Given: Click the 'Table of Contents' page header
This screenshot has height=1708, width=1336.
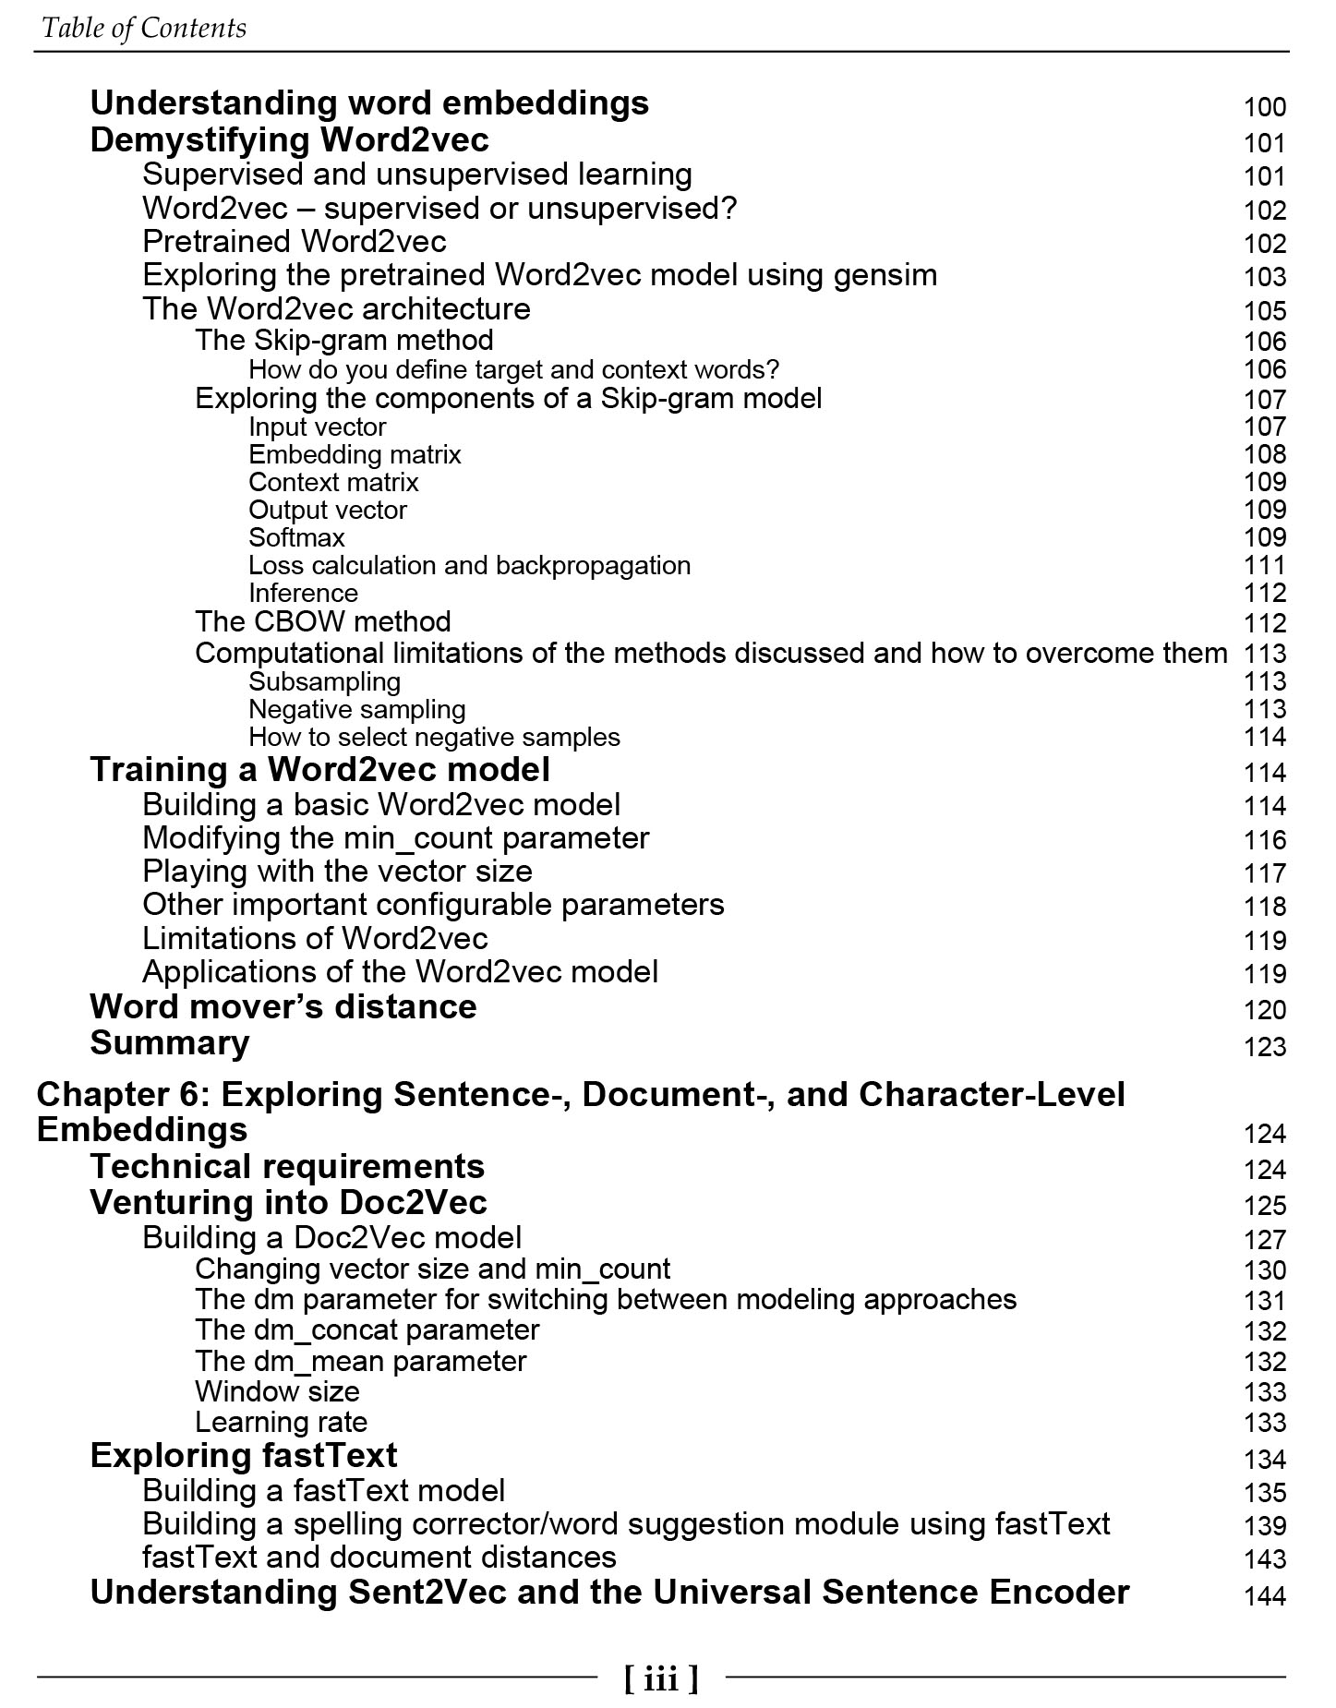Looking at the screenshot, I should [x=144, y=28].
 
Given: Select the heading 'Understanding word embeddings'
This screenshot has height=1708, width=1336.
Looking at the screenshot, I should [x=369, y=102].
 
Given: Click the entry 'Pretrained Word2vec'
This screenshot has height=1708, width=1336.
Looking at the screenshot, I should [x=295, y=242].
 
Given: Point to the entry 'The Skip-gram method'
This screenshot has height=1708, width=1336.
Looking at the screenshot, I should [x=344, y=340].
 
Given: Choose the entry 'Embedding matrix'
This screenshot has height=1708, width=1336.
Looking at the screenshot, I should [x=355, y=454].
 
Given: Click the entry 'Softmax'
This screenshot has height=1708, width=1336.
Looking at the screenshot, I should [x=296, y=537].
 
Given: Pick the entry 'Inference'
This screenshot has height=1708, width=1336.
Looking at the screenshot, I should [x=303, y=593].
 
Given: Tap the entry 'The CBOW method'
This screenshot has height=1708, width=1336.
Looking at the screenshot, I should [x=323, y=621].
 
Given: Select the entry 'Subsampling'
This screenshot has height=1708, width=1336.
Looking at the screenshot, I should [x=324, y=681].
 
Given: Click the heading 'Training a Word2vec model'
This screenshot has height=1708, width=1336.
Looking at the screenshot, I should [x=319, y=770].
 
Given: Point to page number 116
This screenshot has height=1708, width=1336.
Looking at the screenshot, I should [x=1264, y=840].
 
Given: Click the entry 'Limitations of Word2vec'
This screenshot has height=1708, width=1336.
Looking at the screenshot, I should [x=315, y=938].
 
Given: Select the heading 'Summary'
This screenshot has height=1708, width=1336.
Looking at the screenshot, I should [x=170, y=1042].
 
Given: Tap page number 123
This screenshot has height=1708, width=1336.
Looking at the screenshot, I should [x=1264, y=1047].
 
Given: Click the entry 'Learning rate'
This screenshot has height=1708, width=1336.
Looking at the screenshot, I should [x=281, y=1422].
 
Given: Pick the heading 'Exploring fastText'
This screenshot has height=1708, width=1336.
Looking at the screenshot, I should [x=244, y=1455].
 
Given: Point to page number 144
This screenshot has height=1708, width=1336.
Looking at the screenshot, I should [x=1264, y=1595].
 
